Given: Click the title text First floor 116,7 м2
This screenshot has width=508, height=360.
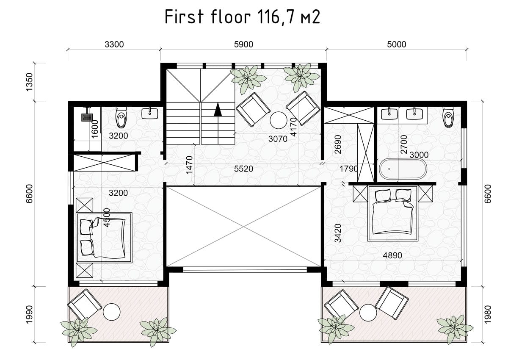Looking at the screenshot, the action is [x=242, y=17].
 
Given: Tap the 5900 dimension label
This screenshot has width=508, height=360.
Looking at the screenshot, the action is [x=243, y=44].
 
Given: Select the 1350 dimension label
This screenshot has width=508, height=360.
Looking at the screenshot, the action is [x=30, y=82].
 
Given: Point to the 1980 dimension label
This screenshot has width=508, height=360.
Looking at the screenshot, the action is [x=487, y=314].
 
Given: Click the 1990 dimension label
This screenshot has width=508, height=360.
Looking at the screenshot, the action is [x=30, y=314].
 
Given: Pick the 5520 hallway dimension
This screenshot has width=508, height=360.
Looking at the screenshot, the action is [x=243, y=169].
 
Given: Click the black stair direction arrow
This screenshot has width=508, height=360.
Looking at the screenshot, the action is [x=218, y=110].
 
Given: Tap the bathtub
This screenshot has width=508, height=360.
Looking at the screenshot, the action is [x=403, y=169].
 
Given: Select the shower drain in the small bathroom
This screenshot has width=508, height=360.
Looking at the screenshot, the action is [x=87, y=117].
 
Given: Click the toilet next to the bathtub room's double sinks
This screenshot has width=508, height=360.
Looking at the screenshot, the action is [x=448, y=117].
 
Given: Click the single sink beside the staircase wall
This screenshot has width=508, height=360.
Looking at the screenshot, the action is [x=150, y=114].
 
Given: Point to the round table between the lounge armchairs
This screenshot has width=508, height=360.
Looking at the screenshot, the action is [x=279, y=120].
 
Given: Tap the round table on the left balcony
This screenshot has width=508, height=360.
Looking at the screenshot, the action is [x=112, y=312].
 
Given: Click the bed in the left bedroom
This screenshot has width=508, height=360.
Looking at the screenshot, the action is [x=104, y=238].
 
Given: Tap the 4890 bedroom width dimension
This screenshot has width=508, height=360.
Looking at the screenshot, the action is [x=392, y=255].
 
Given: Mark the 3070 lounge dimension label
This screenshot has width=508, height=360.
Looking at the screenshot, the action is [x=278, y=138].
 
